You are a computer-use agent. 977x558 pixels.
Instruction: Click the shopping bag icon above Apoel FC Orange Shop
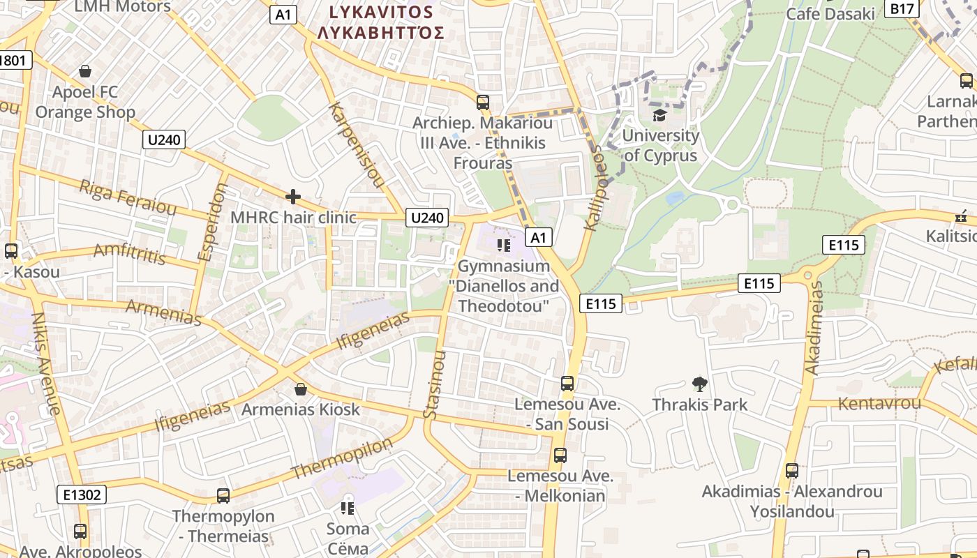click(x=85, y=71)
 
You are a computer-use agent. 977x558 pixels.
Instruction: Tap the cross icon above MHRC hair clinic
click(x=293, y=197)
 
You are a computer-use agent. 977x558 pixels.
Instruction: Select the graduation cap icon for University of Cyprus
click(x=659, y=115)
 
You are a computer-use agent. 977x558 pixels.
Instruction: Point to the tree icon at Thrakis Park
click(x=699, y=384)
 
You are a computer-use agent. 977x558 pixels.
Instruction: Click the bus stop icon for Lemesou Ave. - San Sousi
click(x=567, y=384)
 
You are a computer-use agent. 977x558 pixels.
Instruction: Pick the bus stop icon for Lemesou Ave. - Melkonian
click(x=560, y=456)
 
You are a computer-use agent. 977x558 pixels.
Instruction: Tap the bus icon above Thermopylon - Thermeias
click(x=223, y=496)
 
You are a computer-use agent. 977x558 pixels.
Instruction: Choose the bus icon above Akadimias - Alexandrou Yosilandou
click(x=791, y=471)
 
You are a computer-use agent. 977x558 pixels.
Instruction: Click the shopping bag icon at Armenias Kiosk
click(x=301, y=389)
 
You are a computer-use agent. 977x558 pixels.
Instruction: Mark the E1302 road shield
click(x=82, y=495)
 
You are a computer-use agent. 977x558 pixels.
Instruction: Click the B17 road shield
click(x=902, y=8)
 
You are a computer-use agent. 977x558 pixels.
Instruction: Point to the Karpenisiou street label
click(x=357, y=144)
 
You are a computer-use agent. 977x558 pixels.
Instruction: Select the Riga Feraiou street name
click(x=128, y=196)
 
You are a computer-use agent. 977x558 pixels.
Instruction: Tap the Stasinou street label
click(x=434, y=384)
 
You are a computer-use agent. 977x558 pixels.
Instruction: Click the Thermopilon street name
click(x=342, y=458)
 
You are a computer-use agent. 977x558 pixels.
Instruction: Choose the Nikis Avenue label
click(x=45, y=363)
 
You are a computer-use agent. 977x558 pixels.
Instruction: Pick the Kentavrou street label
click(x=879, y=403)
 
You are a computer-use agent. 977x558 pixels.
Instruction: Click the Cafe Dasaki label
click(x=830, y=14)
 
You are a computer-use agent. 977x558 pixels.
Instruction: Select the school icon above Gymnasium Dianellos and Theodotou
click(x=503, y=246)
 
